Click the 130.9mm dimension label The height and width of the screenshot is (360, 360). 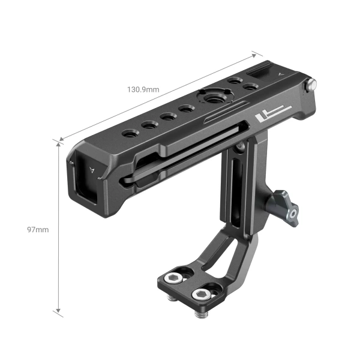click(x=142, y=89)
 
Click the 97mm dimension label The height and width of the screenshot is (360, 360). click(x=38, y=229)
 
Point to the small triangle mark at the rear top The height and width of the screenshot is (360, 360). click(x=281, y=74)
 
